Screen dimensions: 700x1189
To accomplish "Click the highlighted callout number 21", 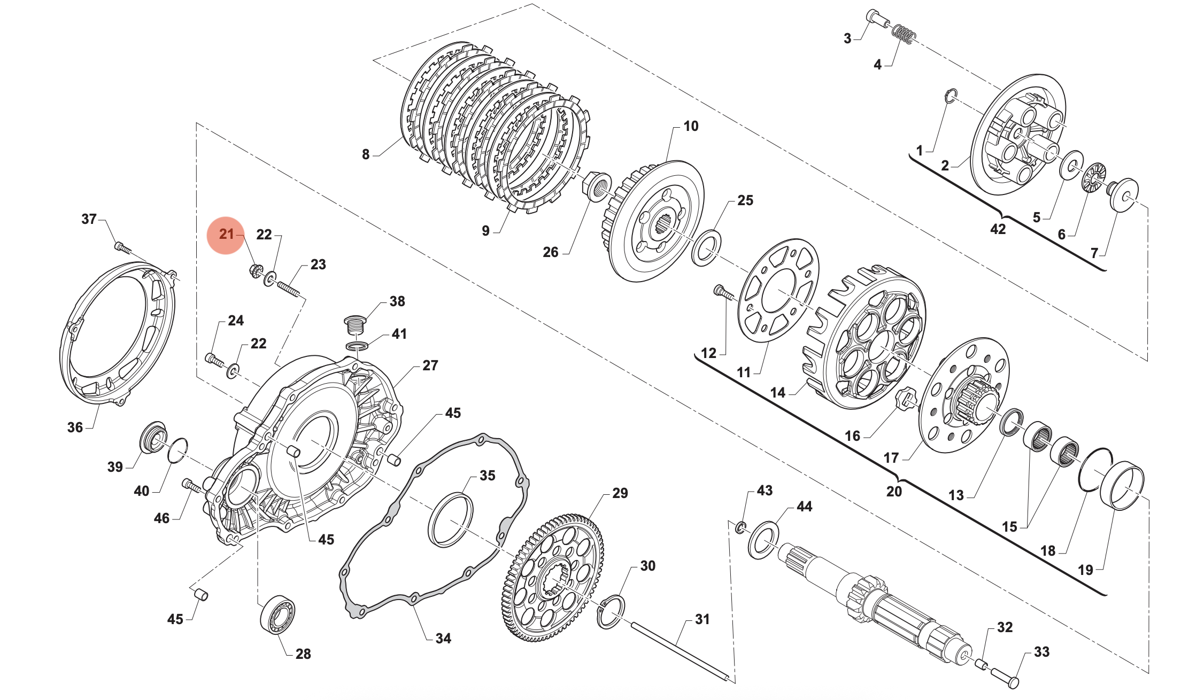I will pos(227,234).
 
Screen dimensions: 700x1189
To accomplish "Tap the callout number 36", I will pos(75,427).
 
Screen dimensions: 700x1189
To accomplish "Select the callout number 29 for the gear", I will pos(620,493).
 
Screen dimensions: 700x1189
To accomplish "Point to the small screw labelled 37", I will pos(122,248).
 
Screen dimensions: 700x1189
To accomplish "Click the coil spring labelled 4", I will pos(904,35).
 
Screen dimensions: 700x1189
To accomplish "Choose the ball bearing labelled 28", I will pos(277,614).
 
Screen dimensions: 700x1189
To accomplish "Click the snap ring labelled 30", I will pos(611,612).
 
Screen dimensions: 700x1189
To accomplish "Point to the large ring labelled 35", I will pos(451,519).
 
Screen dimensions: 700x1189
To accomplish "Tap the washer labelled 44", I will pos(763,540).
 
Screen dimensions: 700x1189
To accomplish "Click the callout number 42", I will pos(998,229).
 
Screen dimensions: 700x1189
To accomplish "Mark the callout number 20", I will pos(894,491).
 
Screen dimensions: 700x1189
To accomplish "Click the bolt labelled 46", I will pos(191,486).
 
